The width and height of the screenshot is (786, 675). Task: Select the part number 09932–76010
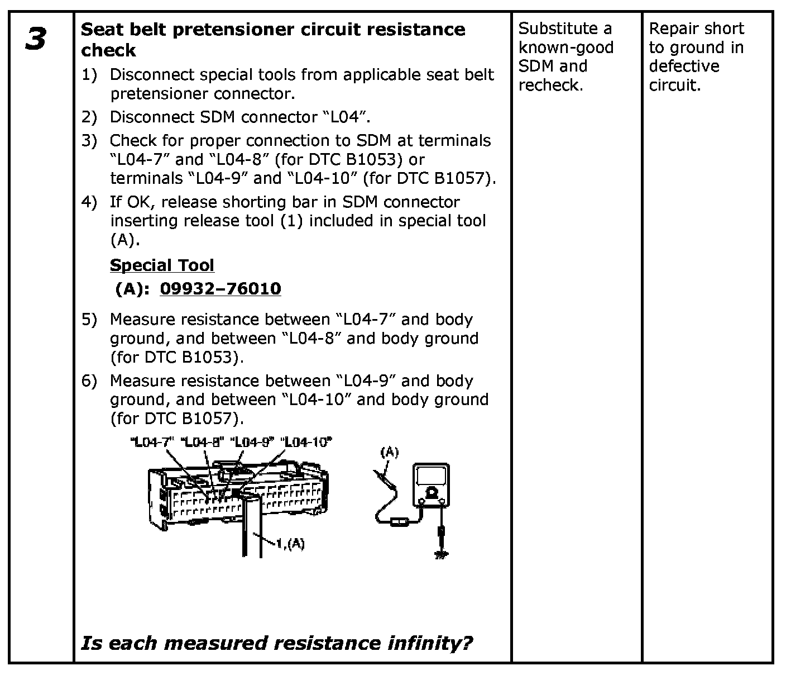[x=221, y=288]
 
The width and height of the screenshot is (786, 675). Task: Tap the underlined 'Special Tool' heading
[x=162, y=265]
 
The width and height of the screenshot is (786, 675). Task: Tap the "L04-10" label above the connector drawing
[x=306, y=442]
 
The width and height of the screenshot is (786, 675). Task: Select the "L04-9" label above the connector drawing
[x=255, y=442]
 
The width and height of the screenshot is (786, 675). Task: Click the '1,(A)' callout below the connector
[x=290, y=543]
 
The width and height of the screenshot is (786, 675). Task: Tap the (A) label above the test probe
[x=389, y=452]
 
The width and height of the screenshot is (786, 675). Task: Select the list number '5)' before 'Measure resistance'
[x=89, y=319]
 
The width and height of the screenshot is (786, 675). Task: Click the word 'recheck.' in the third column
[x=550, y=85]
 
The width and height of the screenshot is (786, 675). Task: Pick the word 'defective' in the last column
[x=684, y=66]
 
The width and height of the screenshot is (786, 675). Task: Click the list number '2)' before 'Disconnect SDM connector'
[x=89, y=117]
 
